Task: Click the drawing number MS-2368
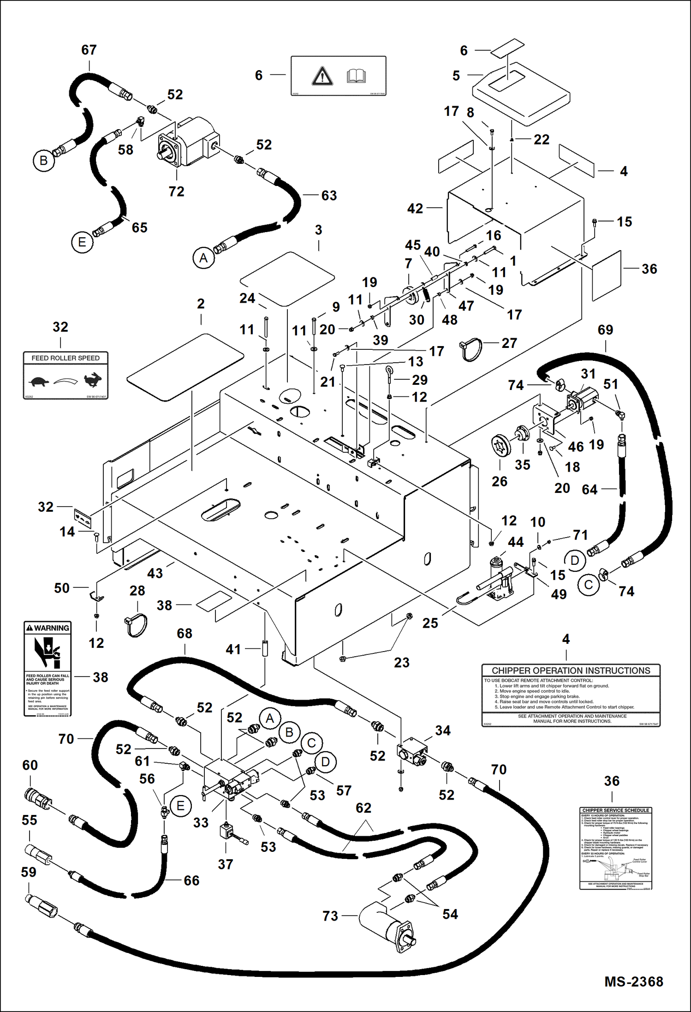click(633, 982)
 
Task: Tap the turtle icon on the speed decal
click(39, 382)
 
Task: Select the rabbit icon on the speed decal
click(93, 379)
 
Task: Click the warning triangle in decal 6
click(322, 76)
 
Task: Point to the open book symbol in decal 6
click(356, 76)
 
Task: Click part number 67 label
click(89, 50)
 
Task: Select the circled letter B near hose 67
click(44, 161)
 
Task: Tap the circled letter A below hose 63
click(203, 258)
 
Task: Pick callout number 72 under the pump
click(177, 192)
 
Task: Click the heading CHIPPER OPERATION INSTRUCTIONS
click(571, 671)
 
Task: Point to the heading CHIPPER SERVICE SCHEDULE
click(615, 810)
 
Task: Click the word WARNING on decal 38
click(51, 628)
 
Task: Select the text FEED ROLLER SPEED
click(66, 358)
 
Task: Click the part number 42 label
click(415, 209)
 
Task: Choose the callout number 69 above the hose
click(605, 330)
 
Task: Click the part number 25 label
click(430, 623)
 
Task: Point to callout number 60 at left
click(30, 765)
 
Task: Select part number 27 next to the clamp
click(509, 343)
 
